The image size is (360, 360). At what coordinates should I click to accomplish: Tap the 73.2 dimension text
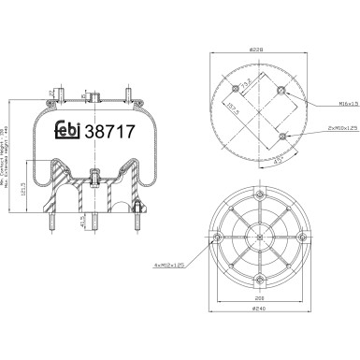pos(245,91)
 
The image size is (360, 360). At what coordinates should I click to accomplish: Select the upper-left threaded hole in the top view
pos(233,89)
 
